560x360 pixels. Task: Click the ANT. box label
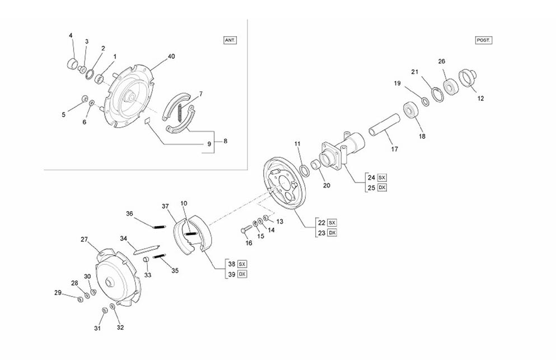point(230,40)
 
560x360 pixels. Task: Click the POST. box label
point(484,40)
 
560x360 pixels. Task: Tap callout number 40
point(171,57)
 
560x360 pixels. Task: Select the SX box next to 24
point(382,177)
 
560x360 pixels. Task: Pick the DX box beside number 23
point(332,233)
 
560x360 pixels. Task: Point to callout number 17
point(395,149)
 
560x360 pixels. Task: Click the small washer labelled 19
point(426,102)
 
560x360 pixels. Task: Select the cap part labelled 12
point(468,77)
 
